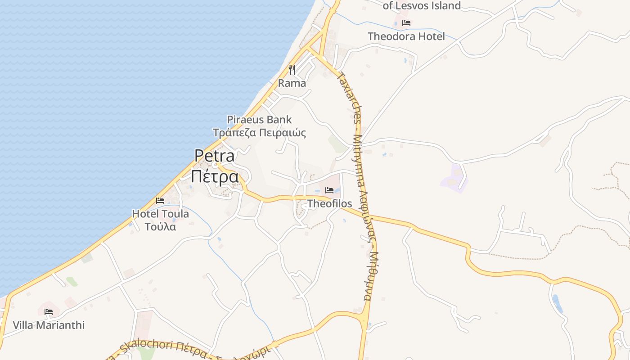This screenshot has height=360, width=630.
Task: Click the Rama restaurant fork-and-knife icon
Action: [292, 69]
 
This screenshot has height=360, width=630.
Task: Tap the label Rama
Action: [292, 83]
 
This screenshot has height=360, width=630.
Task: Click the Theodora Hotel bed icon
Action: [406, 23]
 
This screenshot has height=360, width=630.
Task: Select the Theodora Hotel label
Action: [406, 36]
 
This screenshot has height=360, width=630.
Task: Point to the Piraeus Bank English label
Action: [259, 120]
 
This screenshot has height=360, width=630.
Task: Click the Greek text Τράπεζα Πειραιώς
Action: [259, 133]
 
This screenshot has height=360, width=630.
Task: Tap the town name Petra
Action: [215, 156]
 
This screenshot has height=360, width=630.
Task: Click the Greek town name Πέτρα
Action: [215, 176]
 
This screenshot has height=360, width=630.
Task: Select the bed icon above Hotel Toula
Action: [160, 201]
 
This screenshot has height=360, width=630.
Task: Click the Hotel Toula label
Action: [160, 214]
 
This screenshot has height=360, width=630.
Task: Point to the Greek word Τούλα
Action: [160, 226]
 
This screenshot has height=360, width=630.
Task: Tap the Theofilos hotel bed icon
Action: [329, 190]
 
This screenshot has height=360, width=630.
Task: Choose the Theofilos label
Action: [329, 204]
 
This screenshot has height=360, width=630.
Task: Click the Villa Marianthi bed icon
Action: [49, 311]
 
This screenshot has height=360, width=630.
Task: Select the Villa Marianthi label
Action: [49, 325]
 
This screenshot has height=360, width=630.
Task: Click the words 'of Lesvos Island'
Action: [422, 6]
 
